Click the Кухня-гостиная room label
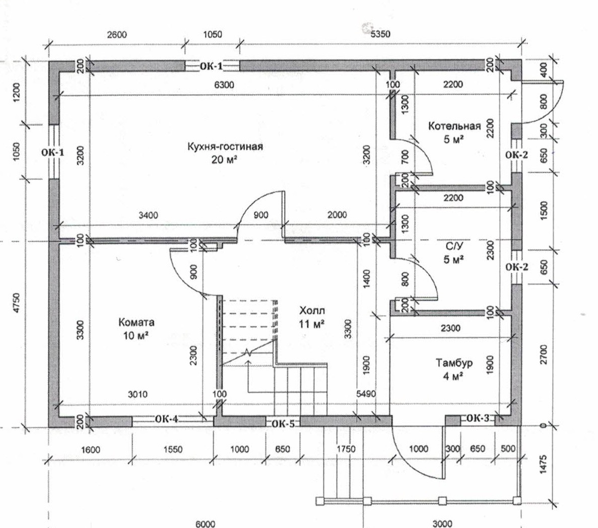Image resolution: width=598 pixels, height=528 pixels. [225, 146]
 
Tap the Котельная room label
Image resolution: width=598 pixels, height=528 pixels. [454, 126]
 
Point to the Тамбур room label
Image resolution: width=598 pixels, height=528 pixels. [454, 363]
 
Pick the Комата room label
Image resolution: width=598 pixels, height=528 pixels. [137, 322]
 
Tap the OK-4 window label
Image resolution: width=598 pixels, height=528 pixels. [166, 418]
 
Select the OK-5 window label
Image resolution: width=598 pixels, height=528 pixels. [283, 424]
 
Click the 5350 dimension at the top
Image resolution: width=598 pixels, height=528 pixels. [380, 34]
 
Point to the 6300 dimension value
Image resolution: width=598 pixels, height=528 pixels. [224, 85]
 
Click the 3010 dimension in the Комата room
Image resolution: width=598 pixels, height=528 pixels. [137, 394]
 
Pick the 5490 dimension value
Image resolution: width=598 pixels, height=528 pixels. [366, 394]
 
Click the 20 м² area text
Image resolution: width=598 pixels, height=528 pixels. [225, 160]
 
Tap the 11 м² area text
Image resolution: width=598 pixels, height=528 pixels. [311, 323]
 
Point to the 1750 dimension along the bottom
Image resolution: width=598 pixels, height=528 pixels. [346, 449]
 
